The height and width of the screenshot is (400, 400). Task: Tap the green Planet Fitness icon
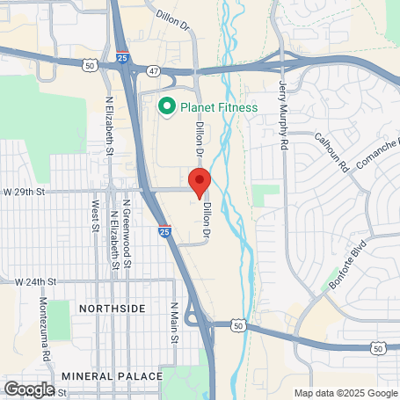pos(164,107)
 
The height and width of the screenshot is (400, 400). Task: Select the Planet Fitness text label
pos(219,108)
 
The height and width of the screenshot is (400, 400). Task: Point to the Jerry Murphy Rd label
pos(284,113)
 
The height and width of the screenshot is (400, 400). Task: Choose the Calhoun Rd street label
pos(331,151)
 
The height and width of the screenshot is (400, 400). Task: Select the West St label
pos(94,215)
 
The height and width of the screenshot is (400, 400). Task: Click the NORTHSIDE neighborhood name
pos(112,309)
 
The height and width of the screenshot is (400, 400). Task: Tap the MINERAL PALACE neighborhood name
pos(113,376)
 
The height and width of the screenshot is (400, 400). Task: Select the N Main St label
pos(174,323)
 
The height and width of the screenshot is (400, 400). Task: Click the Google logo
pos(29,389)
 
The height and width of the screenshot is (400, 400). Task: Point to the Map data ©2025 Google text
pos(345,393)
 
